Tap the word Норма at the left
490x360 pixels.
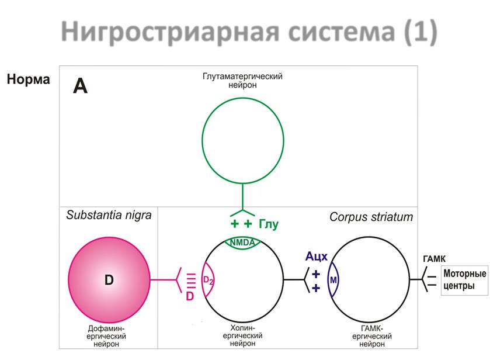coord(29,79)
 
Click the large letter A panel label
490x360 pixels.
coord(81,86)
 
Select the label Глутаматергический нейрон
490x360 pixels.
coord(242,81)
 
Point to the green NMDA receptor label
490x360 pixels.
coord(242,243)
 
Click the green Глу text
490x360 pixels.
coord(269,224)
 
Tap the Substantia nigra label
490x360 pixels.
coord(109,215)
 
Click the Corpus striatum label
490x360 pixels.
coord(371,217)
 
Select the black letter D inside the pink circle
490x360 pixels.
coord(109,280)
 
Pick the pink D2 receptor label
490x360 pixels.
coord(208,280)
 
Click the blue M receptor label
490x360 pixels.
coord(333,280)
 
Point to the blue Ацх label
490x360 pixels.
coord(316,256)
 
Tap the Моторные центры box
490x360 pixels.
coord(465,281)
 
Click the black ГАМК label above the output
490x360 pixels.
coord(434,259)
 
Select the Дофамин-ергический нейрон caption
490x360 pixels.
coord(106,336)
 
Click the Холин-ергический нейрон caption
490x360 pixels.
coord(242,335)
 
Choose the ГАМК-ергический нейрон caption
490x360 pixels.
coord(372,336)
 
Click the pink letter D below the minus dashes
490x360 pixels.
coord(190,296)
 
